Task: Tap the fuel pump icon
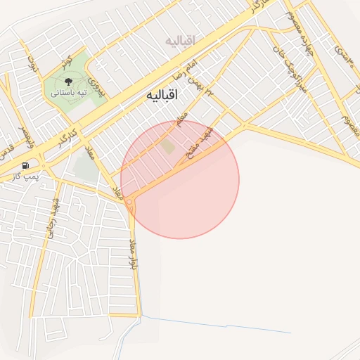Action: (x=25, y=166)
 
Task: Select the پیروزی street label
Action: (x=101, y=86)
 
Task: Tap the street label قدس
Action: (x=8, y=150)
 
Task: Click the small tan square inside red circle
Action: (x=168, y=146)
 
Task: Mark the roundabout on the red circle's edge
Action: (x=129, y=201)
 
